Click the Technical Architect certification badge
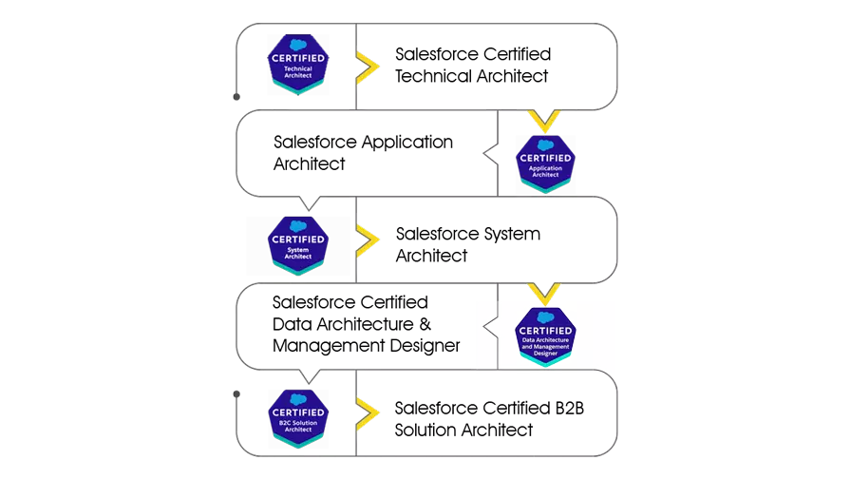pos(297,64)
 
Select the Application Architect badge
pos(545,163)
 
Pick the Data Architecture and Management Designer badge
pos(545,336)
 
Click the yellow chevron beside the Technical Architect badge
pos(367,67)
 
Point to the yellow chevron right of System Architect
pos(367,239)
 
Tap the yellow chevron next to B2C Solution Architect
pos(367,412)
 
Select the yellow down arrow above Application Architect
pos(544,121)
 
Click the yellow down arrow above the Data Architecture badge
pos(544,293)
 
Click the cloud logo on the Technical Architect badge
pos(297,44)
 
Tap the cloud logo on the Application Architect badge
pos(545,144)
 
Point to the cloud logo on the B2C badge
pos(297,399)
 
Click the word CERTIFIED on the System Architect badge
pos(297,239)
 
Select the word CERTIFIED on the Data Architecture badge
pos(545,331)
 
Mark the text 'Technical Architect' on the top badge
pos(297,71)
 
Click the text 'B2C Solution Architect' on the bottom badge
pos(297,426)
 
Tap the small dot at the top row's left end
pos(236,97)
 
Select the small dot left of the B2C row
pos(236,393)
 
